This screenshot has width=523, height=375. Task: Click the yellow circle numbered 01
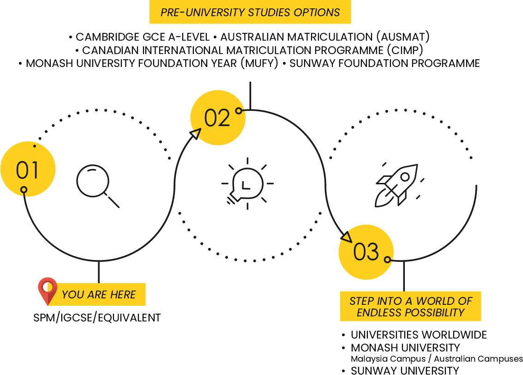pyautogui.click(x=28, y=169)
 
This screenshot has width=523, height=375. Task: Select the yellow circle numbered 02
pyautogui.click(x=217, y=118)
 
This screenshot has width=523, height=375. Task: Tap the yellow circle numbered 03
pyautogui.click(x=366, y=252)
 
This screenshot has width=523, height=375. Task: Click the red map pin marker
pyautogui.click(x=47, y=290)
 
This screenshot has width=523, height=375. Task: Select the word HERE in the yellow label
pyautogui.click(x=123, y=295)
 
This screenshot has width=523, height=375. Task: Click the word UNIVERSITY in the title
pyautogui.click(x=215, y=12)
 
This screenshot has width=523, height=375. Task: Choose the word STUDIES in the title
pyautogui.click(x=269, y=12)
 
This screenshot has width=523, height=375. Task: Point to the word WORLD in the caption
pyautogui.click(x=436, y=301)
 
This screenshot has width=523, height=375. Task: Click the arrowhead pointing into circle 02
pyautogui.click(x=196, y=133)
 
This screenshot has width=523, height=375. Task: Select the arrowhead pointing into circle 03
pyautogui.click(x=346, y=237)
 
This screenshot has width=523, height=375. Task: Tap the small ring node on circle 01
pyautogui.click(x=24, y=189)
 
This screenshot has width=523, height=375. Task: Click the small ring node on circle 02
pyautogui.click(x=239, y=111)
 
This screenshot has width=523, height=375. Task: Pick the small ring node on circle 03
pyautogui.click(x=387, y=260)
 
